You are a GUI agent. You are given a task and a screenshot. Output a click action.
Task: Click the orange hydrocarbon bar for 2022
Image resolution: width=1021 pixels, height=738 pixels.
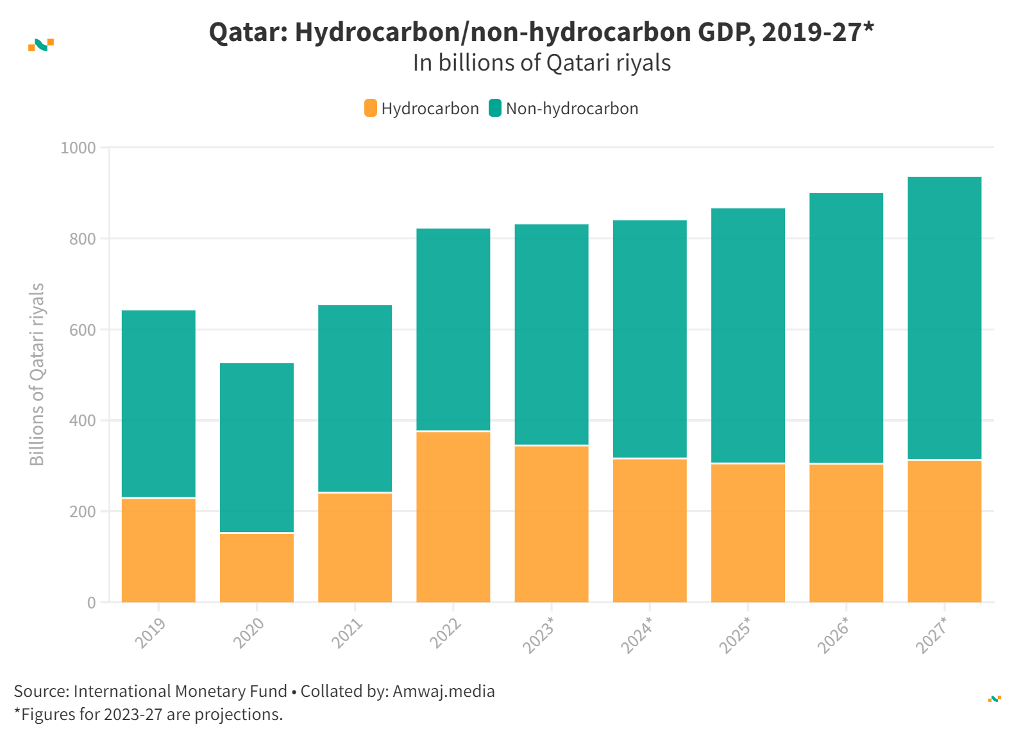(x=453, y=517)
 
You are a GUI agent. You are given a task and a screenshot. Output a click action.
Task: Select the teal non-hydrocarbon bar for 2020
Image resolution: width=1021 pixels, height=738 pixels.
(x=257, y=447)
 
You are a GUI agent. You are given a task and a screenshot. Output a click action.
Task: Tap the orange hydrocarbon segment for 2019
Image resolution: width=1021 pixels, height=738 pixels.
(x=158, y=550)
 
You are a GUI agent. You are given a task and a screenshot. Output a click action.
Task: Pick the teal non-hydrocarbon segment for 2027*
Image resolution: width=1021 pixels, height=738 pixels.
(x=944, y=318)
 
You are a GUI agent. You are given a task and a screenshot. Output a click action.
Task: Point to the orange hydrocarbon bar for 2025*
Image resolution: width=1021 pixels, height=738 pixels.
(x=748, y=533)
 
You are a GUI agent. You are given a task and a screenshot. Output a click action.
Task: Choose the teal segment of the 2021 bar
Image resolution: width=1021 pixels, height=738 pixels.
(x=355, y=398)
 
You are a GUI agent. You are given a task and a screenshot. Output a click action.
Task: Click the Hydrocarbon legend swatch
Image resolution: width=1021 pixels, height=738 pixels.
(x=371, y=108)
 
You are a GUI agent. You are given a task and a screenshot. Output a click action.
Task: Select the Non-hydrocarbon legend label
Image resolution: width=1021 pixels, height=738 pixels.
(x=571, y=108)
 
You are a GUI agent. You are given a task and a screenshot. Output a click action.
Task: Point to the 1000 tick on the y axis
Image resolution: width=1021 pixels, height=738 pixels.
(x=78, y=148)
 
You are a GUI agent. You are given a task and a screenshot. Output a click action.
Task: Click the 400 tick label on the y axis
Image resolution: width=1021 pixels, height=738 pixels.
(x=82, y=421)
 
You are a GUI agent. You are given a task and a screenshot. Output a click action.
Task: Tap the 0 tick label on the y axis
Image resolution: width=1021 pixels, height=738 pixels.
(x=92, y=603)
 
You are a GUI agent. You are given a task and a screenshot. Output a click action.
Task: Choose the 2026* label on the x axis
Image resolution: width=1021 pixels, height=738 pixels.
(x=832, y=635)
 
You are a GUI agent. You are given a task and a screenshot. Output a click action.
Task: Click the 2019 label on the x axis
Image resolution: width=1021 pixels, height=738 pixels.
(x=150, y=633)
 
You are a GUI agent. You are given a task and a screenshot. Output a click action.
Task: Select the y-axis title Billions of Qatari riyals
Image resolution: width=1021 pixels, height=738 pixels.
(x=37, y=374)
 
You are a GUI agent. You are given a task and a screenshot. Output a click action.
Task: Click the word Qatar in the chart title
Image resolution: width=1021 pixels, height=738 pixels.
(x=248, y=32)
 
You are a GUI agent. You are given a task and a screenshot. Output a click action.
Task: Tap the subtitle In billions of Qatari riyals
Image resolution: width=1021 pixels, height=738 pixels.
(x=541, y=63)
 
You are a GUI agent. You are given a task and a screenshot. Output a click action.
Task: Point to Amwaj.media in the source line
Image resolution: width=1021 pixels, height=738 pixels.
(x=443, y=691)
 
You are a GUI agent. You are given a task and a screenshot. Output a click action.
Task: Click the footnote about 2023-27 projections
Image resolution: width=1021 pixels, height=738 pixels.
(x=148, y=714)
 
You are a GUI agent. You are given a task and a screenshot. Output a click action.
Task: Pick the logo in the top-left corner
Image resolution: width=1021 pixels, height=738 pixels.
(x=41, y=45)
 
